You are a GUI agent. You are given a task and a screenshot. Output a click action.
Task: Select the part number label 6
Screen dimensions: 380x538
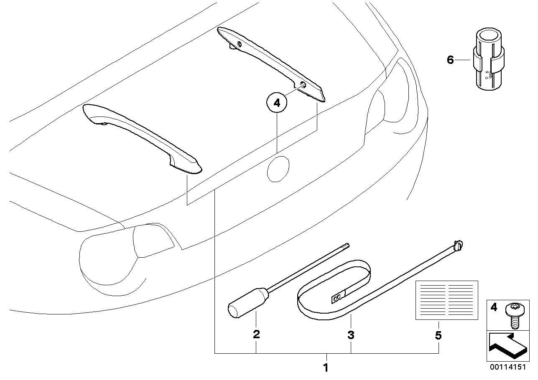coord(450,60)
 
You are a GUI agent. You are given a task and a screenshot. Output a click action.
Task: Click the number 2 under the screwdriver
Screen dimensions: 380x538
coord(256,334)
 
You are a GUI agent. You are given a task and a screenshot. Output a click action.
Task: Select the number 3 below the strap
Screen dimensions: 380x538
coord(351,334)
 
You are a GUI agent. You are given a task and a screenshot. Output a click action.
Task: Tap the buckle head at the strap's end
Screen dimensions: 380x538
coord(459,245)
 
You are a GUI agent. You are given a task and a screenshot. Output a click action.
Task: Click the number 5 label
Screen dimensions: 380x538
coord(438,335)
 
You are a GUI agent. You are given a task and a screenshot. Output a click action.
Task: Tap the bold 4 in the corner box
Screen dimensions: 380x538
coord(494,308)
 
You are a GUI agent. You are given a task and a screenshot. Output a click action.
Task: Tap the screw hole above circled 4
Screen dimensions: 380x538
coord(303,85)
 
